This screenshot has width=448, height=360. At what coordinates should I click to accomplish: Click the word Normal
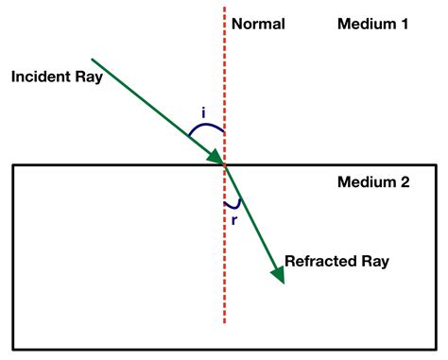(257, 23)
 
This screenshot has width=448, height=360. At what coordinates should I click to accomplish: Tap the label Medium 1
(372, 23)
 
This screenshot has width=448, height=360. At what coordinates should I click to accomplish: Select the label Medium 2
(372, 182)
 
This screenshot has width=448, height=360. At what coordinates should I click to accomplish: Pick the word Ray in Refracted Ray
(371, 260)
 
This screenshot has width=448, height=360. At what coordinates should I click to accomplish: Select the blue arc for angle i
(205, 126)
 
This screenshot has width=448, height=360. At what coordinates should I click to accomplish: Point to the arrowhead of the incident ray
(217, 157)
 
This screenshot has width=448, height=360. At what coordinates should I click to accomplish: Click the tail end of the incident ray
(93, 58)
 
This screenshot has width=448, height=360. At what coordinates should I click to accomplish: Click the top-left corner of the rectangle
(13, 165)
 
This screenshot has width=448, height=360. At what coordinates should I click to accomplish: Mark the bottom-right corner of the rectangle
(436, 348)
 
